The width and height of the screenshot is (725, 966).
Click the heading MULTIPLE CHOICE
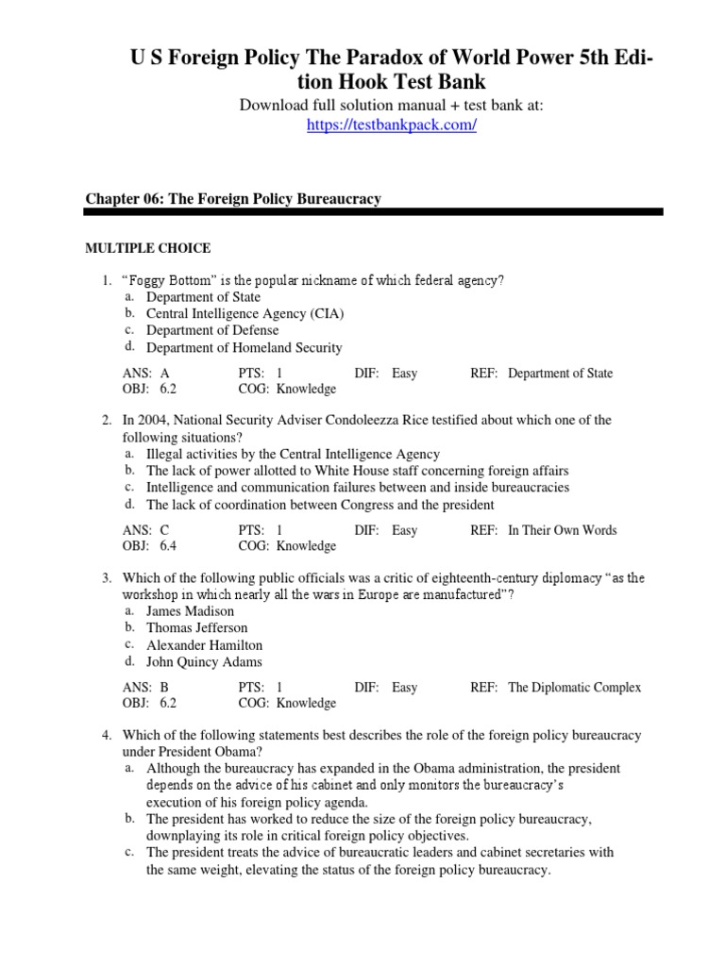148,248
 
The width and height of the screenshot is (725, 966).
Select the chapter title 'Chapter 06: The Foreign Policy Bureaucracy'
233,199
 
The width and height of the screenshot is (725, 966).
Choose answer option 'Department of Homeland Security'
244,347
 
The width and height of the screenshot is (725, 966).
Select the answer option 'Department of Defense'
212,330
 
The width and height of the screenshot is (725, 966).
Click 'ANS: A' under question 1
146,374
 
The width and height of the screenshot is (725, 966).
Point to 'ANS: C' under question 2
146,530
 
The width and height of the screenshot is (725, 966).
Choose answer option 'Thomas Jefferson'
196,627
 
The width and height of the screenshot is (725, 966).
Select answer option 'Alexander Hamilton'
204,644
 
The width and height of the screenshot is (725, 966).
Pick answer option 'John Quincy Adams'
204,661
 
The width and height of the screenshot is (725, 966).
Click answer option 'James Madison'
190,610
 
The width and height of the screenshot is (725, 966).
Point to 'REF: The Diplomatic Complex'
555,688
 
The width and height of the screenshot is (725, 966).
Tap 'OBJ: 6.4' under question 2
149,546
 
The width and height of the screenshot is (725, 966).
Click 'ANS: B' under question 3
146,688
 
